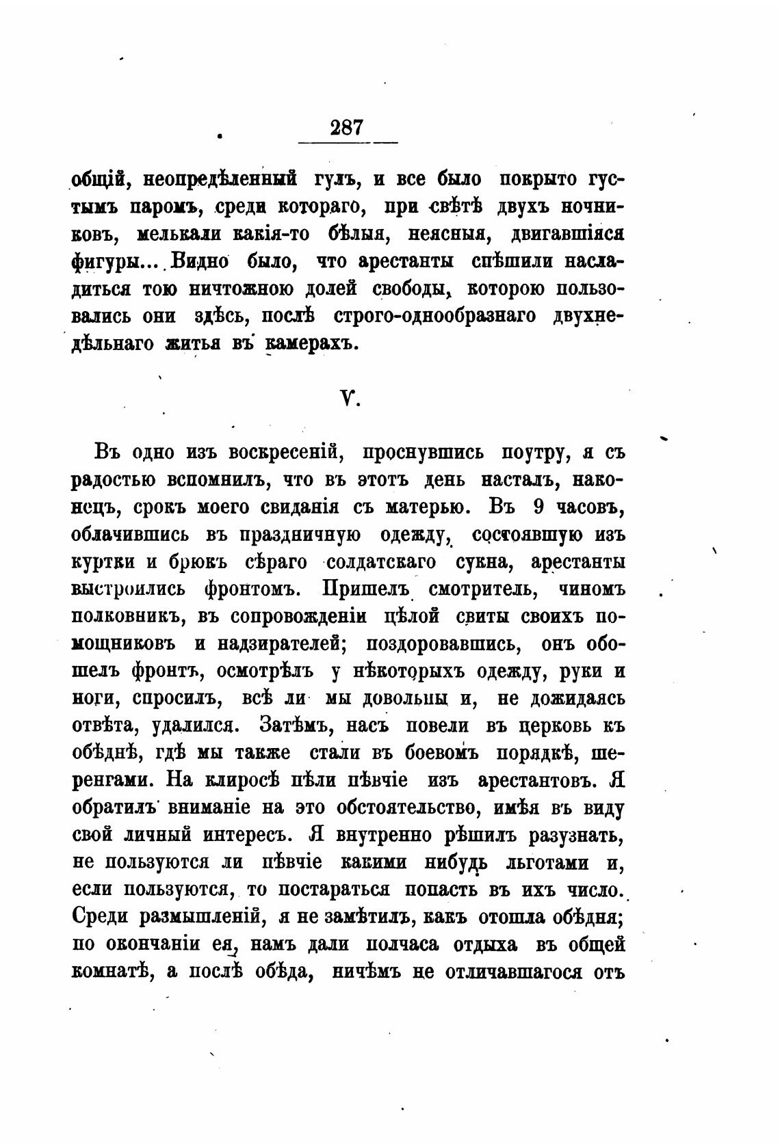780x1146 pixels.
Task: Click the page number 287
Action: click(x=346, y=128)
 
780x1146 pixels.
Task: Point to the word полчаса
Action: click(x=408, y=945)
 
